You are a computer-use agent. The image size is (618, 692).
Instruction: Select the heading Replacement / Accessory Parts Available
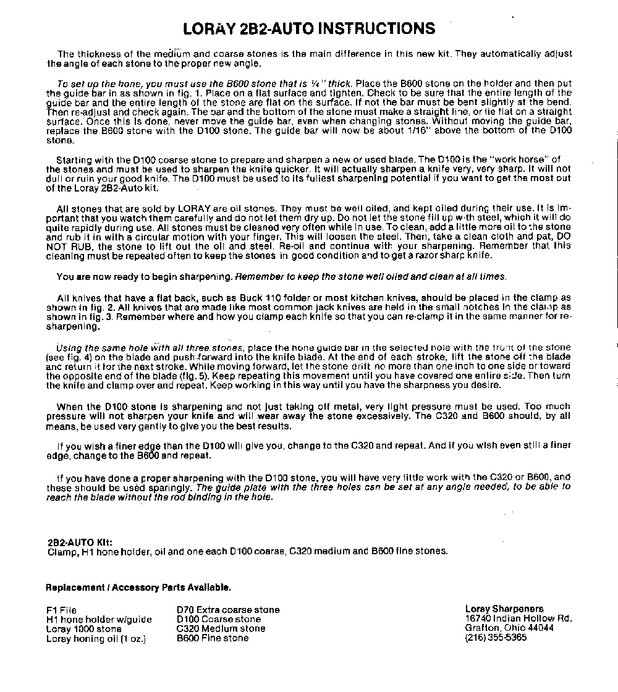tap(138, 587)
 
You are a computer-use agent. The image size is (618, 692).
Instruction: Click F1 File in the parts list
tap(62, 610)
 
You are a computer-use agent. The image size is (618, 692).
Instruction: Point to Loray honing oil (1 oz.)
tap(96, 639)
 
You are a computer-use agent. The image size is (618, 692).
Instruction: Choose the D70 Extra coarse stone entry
tap(228, 610)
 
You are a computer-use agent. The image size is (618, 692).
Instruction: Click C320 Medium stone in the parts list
tap(221, 629)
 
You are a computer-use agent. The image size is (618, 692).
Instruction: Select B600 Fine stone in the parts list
tap(213, 638)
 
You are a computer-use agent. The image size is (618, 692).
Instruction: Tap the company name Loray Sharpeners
tap(504, 609)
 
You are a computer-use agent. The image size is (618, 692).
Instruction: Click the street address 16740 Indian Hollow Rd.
tap(519, 618)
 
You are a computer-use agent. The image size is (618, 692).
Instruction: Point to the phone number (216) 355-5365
tap(496, 638)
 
